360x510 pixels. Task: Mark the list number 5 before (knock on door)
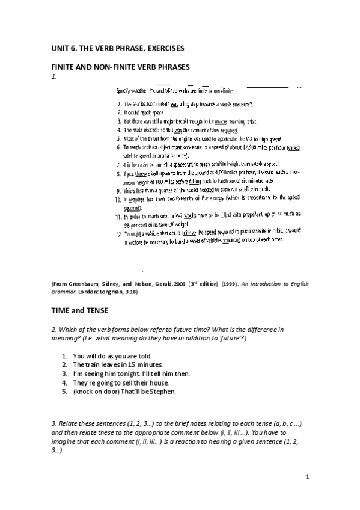pyautogui.click(x=64, y=392)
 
